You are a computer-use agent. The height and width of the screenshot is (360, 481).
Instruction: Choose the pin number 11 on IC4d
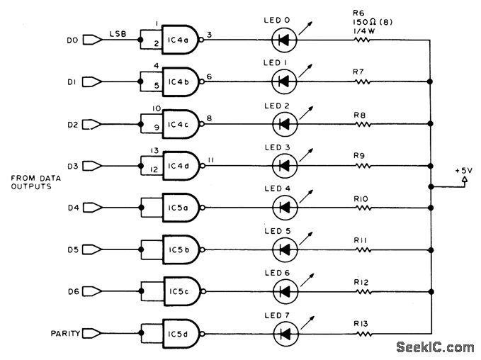pos(210,159)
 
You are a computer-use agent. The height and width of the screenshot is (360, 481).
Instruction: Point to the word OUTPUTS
pos(32,187)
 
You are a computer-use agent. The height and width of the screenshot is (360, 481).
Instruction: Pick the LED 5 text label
pos(286,231)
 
